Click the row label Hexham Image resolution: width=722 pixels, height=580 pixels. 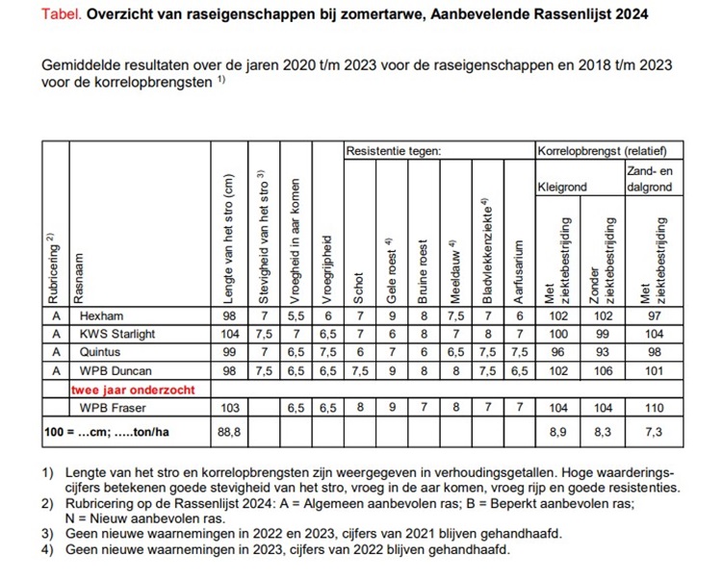click(x=102, y=315)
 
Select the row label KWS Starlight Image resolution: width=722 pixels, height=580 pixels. click(x=117, y=334)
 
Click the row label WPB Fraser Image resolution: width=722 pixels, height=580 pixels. click(x=112, y=408)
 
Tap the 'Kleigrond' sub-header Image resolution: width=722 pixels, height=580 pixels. click(x=562, y=188)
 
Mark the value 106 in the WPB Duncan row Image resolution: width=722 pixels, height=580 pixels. click(x=603, y=370)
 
